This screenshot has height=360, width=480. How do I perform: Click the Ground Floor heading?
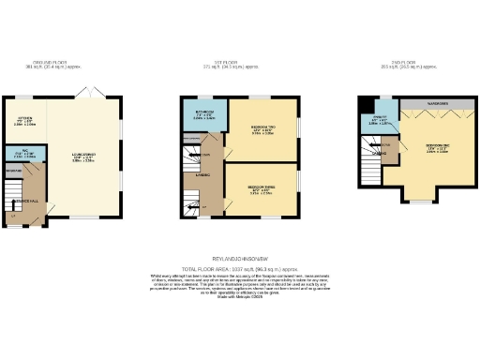52,65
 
